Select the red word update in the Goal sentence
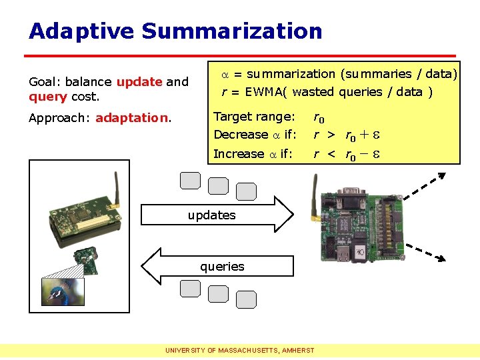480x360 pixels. tap(139, 82)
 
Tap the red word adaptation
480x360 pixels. tap(133, 119)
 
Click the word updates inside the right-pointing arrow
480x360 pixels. tap(211, 215)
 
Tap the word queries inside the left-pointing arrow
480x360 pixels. tap(222, 267)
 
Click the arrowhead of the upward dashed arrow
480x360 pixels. tap(441, 176)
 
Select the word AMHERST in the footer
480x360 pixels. tap(298, 350)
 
